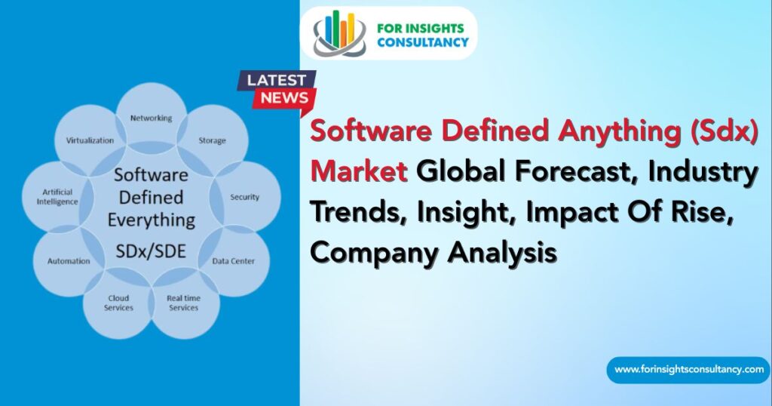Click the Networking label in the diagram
click(151, 118)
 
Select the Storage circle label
click(212, 141)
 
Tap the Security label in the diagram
click(244, 198)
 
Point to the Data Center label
click(233, 261)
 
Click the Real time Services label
click(183, 303)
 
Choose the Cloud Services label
click(118, 303)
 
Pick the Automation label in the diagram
click(69, 261)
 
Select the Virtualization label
click(90, 140)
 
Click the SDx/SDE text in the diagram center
click(151, 250)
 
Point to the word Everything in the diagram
click(151, 220)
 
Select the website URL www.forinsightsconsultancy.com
click(688, 370)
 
